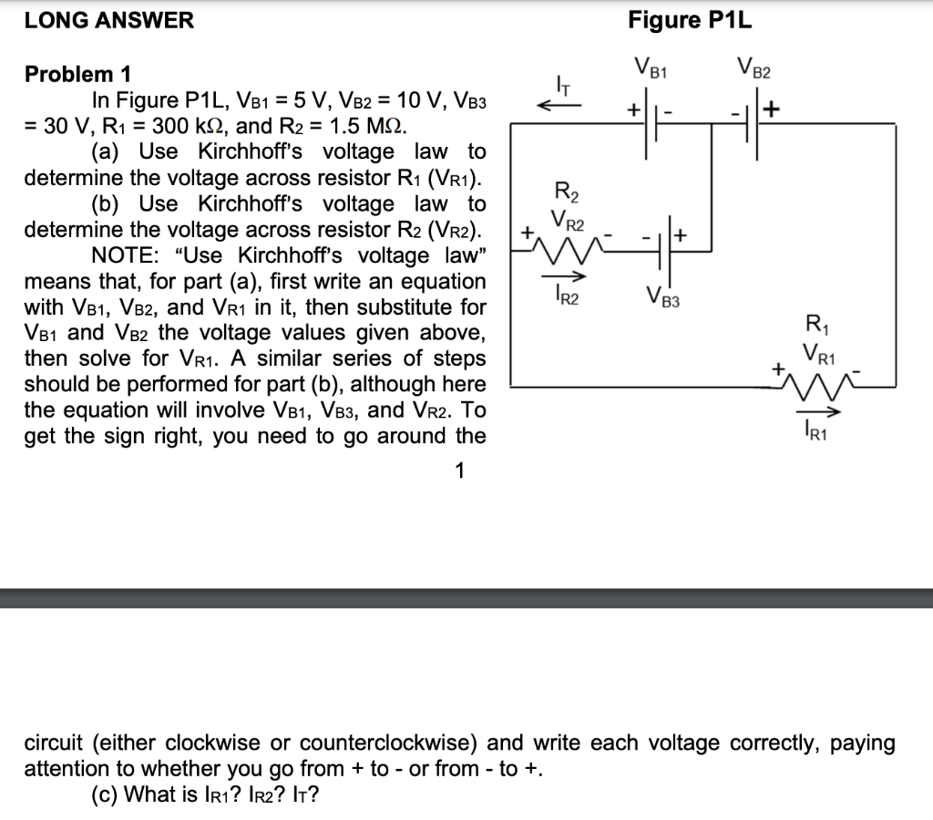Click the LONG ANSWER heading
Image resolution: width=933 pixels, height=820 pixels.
[x=108, y=20]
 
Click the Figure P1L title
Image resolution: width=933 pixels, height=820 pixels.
[x=690, y=20]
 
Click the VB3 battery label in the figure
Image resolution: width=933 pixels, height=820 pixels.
[x=663, y=295]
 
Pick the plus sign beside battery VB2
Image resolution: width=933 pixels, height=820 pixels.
[x=774, y=110]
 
